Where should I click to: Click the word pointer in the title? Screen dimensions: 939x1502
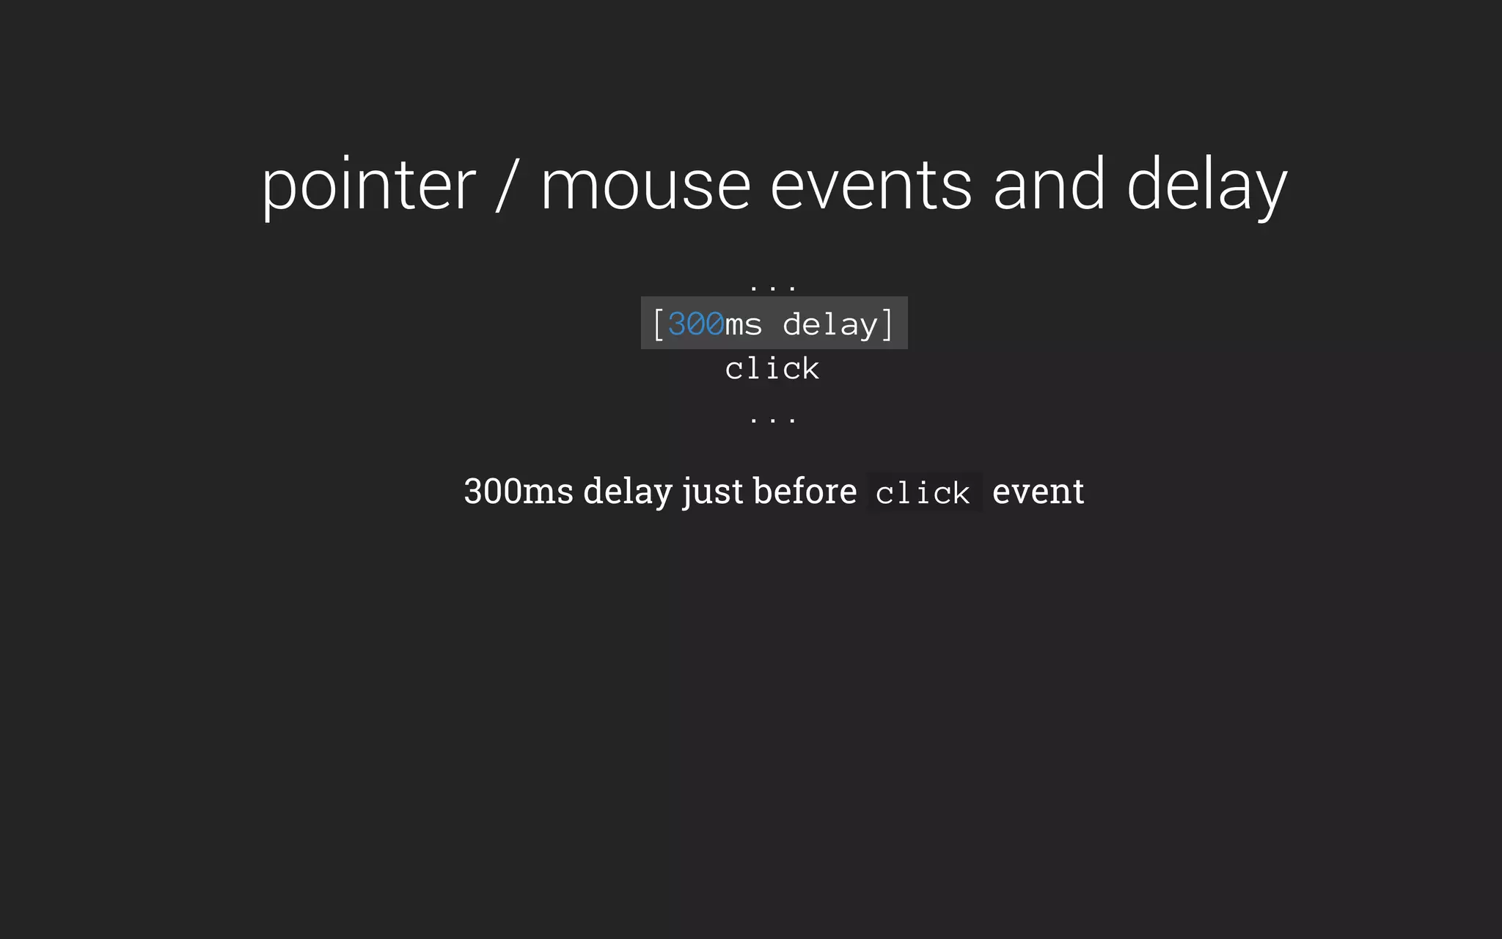[x=369, y=186]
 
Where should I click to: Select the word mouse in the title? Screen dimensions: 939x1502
[x=645, y=186]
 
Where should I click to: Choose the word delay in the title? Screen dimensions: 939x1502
[x=1206, y=186]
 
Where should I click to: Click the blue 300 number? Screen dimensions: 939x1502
[x=695, y=324]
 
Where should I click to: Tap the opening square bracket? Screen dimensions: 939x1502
[x=658, y=324]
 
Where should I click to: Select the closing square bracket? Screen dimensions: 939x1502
[x=887, y=324]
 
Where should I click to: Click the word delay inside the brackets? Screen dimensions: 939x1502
[x=830, y=324]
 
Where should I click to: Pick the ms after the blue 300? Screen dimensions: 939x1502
[x=744, y=325]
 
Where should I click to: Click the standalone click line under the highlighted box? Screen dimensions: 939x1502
[x=772, y=368]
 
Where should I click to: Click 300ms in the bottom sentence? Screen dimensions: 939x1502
[x=518, y=491]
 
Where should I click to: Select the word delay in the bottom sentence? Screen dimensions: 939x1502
[x=627, y=491]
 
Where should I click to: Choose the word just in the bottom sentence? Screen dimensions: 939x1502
[x=712, y=491]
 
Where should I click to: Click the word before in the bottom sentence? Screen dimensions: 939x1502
[x=805, y=491]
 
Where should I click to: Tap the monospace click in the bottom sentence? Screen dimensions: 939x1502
[x=923, y=493]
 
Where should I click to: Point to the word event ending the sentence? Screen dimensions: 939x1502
[x=1038, y=491]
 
